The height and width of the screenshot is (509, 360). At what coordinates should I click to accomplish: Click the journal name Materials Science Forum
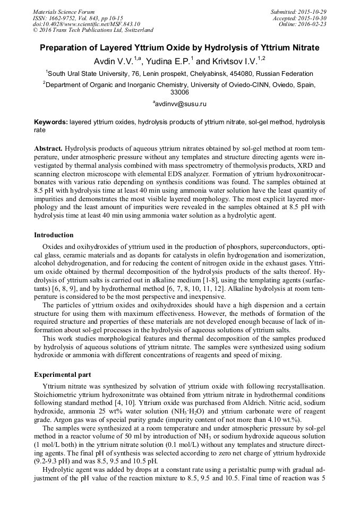pos(64,12)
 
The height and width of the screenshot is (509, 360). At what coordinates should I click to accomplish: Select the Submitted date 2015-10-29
pos(313,12)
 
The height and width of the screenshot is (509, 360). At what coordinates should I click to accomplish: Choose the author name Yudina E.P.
pos(168,61)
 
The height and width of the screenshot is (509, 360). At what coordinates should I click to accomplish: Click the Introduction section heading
pos(54,235)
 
